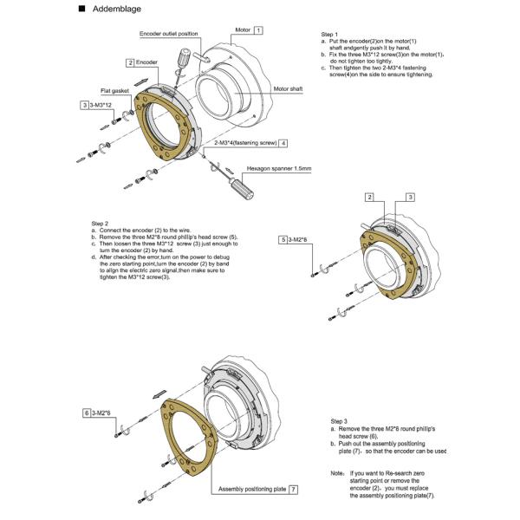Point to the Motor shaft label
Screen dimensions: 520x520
click(288, 88)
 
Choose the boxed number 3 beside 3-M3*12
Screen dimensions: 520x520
click(83, 105)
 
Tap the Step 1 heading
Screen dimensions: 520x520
click(329, 33)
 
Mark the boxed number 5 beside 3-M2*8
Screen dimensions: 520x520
click(283, 238)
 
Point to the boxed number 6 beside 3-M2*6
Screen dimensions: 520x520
click(87, 413)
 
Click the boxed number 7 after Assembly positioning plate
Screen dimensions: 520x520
click(295, 489)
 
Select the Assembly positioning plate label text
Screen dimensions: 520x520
click(252, 489)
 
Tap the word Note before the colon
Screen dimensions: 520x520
click(337, 473)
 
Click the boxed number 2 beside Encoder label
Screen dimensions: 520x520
click(129, 62)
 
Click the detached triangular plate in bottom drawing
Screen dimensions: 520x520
click(178, 438)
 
